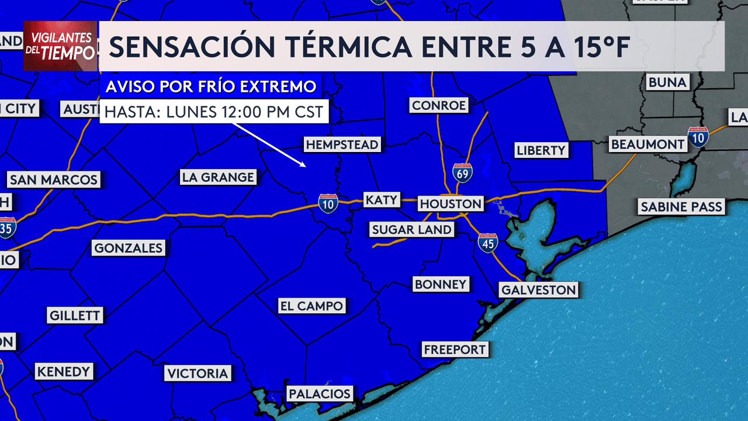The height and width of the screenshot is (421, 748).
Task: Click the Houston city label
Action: (451, 204)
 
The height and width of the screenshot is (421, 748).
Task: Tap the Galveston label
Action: (538, 289)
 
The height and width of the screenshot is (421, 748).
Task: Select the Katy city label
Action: (381, 200)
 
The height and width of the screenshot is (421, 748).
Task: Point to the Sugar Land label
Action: (412, 230)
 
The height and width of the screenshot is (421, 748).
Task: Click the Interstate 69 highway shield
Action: (462, 172)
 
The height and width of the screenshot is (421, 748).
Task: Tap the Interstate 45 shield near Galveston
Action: (487, 243)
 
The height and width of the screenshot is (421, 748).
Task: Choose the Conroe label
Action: (439, 105)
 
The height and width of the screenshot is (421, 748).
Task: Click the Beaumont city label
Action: (647, 144)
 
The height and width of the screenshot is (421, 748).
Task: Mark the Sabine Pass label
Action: (681, 206)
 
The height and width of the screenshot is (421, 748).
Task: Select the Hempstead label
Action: (342, 144)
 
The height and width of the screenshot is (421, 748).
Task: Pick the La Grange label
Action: (218, 177)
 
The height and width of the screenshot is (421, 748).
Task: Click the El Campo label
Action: (311, 306)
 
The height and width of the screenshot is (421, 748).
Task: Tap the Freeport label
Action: (455, 350)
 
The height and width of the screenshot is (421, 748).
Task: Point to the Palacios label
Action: (320, 394)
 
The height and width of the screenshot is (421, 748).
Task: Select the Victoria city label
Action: (198, 374)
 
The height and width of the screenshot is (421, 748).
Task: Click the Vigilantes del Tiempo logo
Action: (60, 46)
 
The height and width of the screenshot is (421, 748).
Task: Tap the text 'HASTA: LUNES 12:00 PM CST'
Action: (214, 112)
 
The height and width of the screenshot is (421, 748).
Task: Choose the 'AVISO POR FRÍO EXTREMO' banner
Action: (211, 87)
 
